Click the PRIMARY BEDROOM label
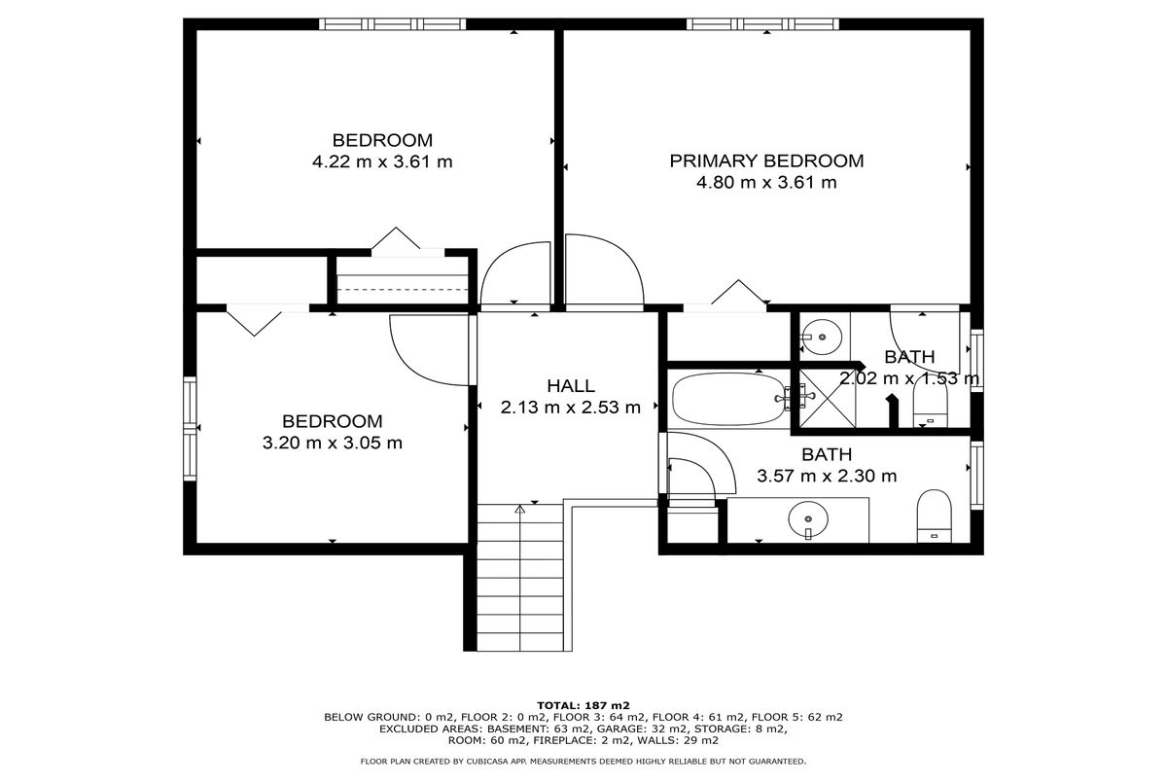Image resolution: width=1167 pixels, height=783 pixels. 766,160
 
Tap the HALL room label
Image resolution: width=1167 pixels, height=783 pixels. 571,386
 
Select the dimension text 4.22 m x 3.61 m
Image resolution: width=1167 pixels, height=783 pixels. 382,162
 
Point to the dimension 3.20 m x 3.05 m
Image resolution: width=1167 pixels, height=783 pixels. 333,443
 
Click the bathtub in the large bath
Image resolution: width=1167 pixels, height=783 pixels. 728,400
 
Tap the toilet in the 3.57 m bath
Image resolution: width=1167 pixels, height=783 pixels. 935,516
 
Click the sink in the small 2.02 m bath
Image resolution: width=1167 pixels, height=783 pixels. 822,338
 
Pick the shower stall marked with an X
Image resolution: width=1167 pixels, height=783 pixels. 828,399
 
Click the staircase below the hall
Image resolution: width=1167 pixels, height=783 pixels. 520,577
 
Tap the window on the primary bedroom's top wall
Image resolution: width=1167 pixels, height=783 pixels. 762,24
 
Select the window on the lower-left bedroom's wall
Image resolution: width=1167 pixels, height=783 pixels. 190,428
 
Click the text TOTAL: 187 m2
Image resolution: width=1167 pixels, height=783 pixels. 583,706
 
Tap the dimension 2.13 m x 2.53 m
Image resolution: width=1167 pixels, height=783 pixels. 571,408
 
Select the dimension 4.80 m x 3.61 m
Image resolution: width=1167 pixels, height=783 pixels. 766,183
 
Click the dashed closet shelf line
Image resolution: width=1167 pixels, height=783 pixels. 403,290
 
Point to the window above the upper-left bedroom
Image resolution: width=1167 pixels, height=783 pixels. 392,24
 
